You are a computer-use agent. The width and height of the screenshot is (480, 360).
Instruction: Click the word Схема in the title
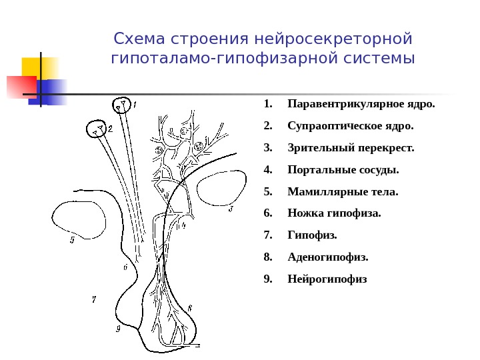click(137, 38)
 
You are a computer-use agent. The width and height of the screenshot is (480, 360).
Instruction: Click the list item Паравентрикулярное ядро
click(361, 105)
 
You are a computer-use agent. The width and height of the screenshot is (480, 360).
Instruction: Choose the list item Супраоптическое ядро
click(350, 125)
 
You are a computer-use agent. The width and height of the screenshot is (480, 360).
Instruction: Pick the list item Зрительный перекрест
click(351, 147)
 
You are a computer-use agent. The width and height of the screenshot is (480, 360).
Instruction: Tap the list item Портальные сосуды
click(343, 169)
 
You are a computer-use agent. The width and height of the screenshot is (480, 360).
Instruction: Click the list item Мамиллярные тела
click(342, 192)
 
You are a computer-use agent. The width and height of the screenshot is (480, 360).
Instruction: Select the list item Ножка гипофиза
click(334, 213)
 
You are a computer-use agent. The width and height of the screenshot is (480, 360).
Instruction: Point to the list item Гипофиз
click(312, 235)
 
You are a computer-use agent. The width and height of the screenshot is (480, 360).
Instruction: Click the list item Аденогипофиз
click(327, 257)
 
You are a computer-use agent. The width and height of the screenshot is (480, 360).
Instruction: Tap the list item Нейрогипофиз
click(327, 279)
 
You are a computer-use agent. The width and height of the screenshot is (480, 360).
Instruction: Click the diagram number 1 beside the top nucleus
click(135, 105)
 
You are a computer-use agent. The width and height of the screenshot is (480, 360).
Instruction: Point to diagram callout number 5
click(72, 240)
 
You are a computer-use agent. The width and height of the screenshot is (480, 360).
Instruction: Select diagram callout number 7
click(94, 301)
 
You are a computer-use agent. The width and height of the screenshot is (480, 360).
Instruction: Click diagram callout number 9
click(118, 328)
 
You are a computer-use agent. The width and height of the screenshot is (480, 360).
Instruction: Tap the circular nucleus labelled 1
click(121, 105)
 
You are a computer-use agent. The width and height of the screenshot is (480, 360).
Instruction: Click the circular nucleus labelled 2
click(97, 129)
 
